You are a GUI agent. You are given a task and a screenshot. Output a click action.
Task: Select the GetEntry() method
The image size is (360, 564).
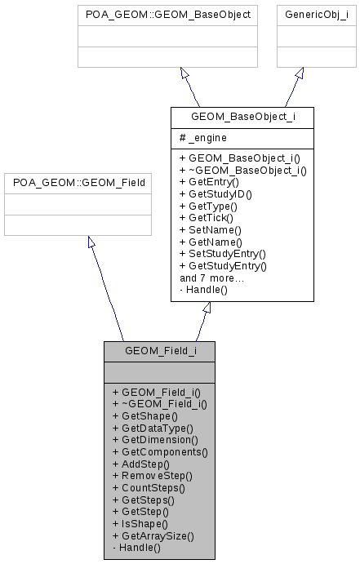[x=209, y=182]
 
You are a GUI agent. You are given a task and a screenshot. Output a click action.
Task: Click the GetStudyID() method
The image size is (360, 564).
[x=216, y=194]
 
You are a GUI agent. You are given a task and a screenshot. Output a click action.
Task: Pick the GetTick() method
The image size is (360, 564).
[x=206, y=218]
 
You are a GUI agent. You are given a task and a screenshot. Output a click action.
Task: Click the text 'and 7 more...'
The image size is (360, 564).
[x=211, y=278]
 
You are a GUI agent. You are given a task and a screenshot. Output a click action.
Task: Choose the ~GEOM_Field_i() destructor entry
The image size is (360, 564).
[x=159, y=403]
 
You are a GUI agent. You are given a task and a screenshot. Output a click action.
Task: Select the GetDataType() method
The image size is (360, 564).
[x=153, y=427]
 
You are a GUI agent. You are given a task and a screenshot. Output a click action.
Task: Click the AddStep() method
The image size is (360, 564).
[x=140, y=463]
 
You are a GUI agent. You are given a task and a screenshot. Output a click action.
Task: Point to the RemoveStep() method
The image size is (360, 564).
[x=152, y=475]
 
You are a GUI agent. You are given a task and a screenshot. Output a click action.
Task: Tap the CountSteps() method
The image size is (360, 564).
[x=149, y=487]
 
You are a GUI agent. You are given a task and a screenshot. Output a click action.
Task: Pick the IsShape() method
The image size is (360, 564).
[x=140, y=523]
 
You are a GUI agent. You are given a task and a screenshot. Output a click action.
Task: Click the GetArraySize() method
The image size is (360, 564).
[x=153, y=535]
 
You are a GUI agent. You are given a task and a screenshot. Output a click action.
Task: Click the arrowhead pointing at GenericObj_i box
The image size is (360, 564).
[x=300, y=73]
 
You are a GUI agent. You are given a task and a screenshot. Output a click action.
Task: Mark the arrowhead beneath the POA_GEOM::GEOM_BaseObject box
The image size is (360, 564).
[x=184, y=73]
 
